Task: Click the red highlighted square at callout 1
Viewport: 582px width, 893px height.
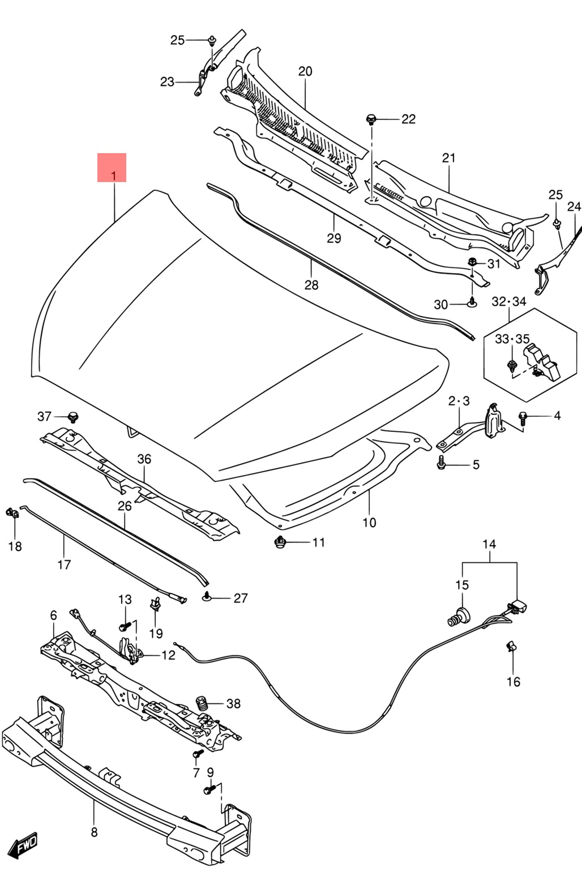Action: coord(112,168)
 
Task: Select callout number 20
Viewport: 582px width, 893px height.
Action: coord(305,71)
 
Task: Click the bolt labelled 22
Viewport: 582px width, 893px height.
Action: coord(371,119)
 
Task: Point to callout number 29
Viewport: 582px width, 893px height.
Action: coord(334,238)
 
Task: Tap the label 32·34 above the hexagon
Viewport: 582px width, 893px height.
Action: coord(509,301)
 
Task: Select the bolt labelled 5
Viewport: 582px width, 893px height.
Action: coord(441,463)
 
